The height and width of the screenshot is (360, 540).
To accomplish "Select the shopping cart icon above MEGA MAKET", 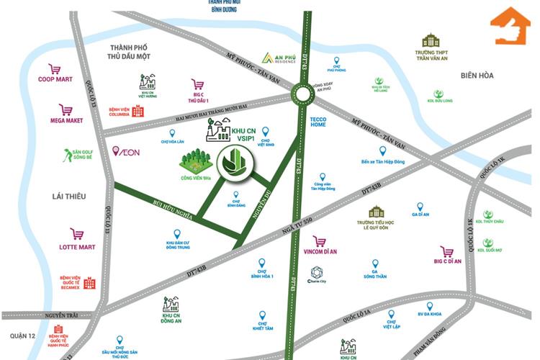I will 66,109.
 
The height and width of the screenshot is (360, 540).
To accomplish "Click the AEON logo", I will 127,151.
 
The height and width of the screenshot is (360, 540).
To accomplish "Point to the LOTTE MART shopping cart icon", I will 76,234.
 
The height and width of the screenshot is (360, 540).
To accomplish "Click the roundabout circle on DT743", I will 302,94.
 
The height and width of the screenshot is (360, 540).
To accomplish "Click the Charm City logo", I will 316,272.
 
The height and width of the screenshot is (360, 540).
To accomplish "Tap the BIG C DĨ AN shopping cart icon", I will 448,251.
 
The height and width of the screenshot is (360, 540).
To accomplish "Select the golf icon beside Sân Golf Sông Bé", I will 67,155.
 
